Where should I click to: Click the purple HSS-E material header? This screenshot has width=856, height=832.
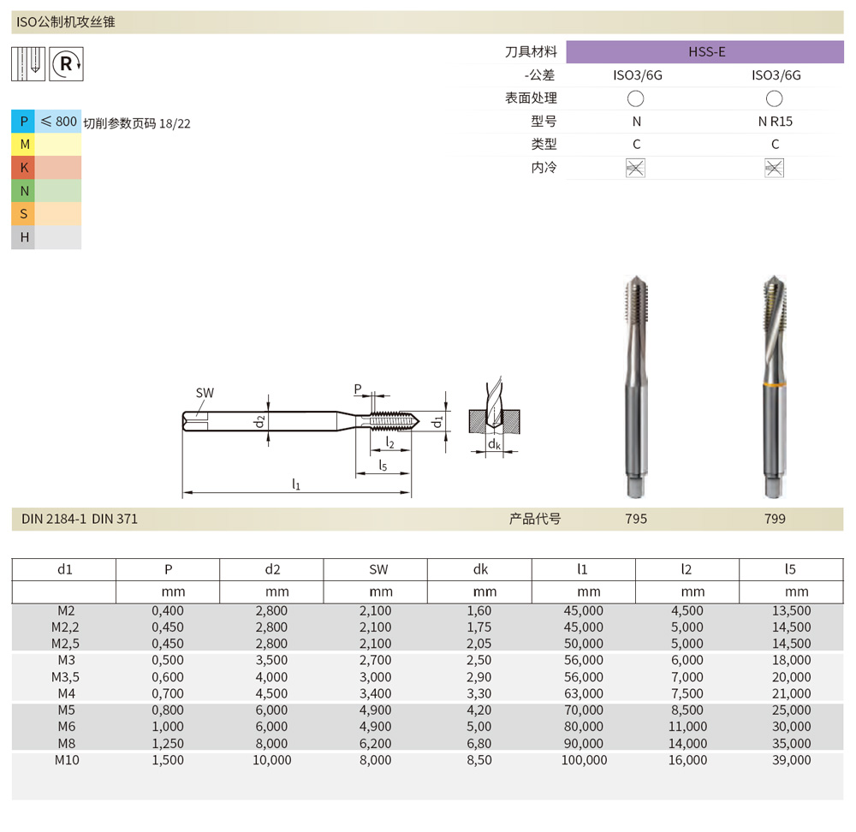tap(705, 52)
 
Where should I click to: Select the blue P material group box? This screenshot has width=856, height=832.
tap(23, 122)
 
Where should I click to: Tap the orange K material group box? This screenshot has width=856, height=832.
tap(23, 168)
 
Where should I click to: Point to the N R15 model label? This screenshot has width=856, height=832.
tap(775, 122)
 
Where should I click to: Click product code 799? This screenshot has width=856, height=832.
tap(775, 519)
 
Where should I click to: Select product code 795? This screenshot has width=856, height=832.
tap(636, 519)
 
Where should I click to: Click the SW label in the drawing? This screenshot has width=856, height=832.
tap(205, 394)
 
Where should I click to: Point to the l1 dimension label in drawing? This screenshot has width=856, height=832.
tap(296, 484)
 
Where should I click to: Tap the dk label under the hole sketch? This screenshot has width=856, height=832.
tap(494, 445)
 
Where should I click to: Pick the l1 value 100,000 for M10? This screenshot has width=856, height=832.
tap(583, 760)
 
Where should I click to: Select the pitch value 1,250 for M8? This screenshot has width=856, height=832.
tap(168, 744)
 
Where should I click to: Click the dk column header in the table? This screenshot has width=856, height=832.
tap(479, 569)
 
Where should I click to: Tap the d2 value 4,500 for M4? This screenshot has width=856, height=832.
tap(271, 694)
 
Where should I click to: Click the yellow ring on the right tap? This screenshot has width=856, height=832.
tap(774, 389)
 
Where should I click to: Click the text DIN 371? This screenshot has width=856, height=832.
tap(115, 519)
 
